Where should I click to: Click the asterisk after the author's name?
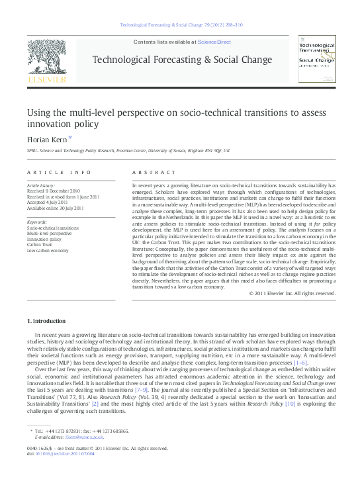tap(70, 137)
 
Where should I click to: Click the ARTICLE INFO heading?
tap(54, 172)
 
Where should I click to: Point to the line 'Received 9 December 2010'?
tap(54, 191)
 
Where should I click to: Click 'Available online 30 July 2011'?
tap(56, 208)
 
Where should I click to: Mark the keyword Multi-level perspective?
tap(50, 234)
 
